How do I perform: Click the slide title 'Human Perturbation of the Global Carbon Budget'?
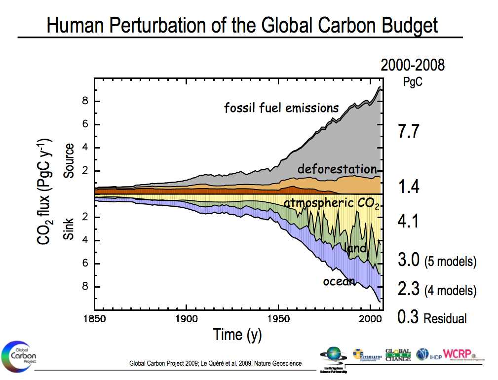[x=242, y=25]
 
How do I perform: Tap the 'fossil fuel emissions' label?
[x=281, y=108]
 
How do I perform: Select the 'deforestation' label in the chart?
[x=337, y=169]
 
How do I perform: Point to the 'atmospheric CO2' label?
[x=331, y=203]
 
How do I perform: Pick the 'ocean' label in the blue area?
[x=339, y=281]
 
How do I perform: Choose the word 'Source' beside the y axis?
[x=69, y=161]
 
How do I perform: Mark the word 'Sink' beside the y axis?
[x=69, y=229]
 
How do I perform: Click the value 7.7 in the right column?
[x=408, y=131]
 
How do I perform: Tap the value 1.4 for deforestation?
[x=408, y=187]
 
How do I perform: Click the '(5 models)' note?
[x=450, y=261]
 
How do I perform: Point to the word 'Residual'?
[x=445, y=318]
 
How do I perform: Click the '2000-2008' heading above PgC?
[x=412, y=65]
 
